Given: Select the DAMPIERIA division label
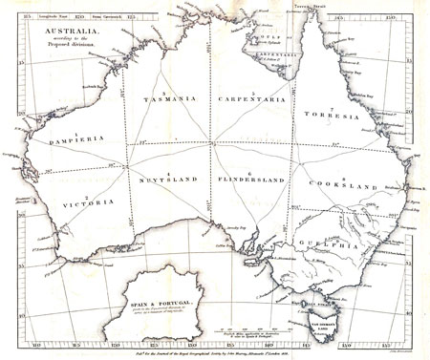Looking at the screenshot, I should pos(51,139).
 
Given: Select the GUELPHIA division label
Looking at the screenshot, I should pos(333,245).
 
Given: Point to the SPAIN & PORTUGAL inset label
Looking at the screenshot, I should pos(154,301).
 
